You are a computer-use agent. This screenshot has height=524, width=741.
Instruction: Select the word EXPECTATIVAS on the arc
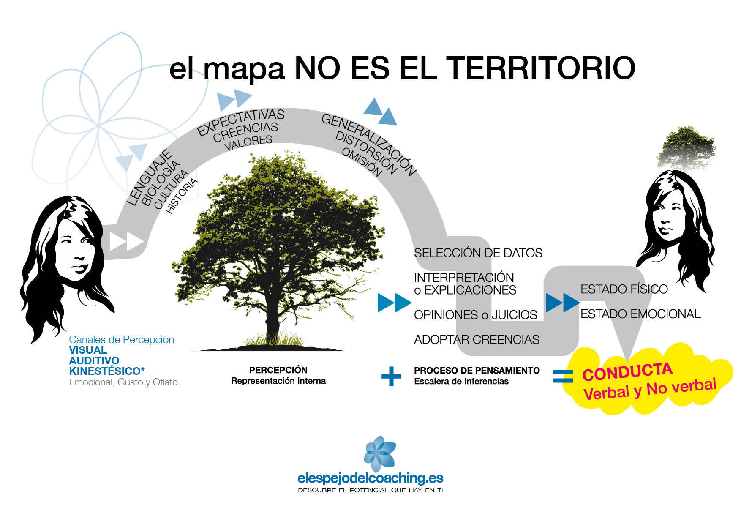[x=241, y=122]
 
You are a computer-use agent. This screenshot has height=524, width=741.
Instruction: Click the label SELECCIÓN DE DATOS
[x=478, y=253]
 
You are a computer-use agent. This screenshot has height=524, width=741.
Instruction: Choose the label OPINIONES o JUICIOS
[x=475, y=315]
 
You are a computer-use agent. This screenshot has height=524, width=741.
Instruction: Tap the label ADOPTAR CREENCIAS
[x=477, y=340]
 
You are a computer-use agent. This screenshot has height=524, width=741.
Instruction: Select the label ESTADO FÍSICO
[x=624, y=289]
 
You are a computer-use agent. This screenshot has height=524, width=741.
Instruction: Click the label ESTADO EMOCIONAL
[x=640, y=314]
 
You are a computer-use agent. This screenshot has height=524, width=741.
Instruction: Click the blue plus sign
[x=391, y=376]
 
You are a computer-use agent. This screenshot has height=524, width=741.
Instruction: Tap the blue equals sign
[x=563, y=376]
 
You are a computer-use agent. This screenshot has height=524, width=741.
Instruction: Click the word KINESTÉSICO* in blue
[x=107, y=371]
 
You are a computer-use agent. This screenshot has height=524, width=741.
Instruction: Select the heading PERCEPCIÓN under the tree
[x=278, y=370]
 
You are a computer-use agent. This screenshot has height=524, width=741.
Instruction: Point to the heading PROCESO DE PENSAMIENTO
[x=477, y=371]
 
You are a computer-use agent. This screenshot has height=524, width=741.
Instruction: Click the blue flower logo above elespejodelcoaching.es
[x=380, y=453]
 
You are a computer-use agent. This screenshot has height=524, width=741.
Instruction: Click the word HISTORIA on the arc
[x=182, y=196]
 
